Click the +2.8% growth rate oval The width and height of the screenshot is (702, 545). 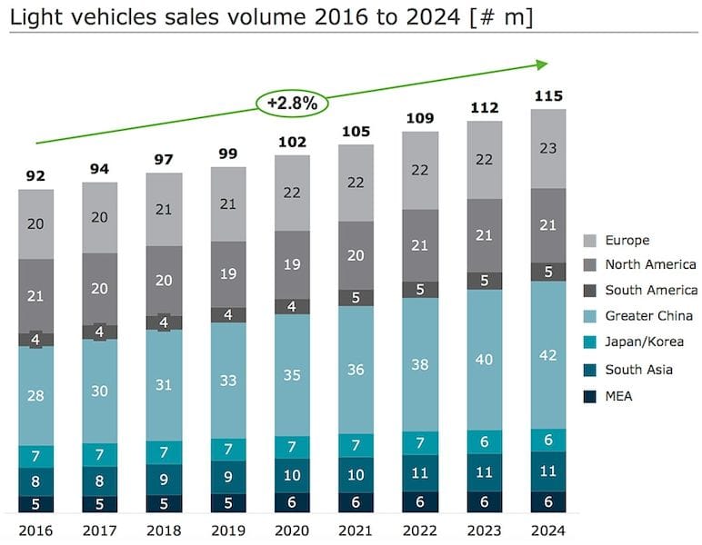292,104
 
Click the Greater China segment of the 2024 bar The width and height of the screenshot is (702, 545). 548,355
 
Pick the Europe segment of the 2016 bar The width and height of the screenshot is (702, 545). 36,224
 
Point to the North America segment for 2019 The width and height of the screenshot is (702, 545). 228,274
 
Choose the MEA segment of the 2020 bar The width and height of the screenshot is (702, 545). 292,502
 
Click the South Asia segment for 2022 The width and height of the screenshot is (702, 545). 420,472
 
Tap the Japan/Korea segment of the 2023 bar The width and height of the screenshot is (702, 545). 485,442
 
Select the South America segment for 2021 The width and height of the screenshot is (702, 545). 356,297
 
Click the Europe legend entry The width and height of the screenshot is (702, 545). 618,241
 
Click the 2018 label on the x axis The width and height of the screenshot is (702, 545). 164,530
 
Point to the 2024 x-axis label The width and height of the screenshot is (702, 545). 548,530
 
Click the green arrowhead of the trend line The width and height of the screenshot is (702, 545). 543,64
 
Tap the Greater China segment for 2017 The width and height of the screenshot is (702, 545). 100,391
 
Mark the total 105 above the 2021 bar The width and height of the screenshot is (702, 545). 356,132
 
